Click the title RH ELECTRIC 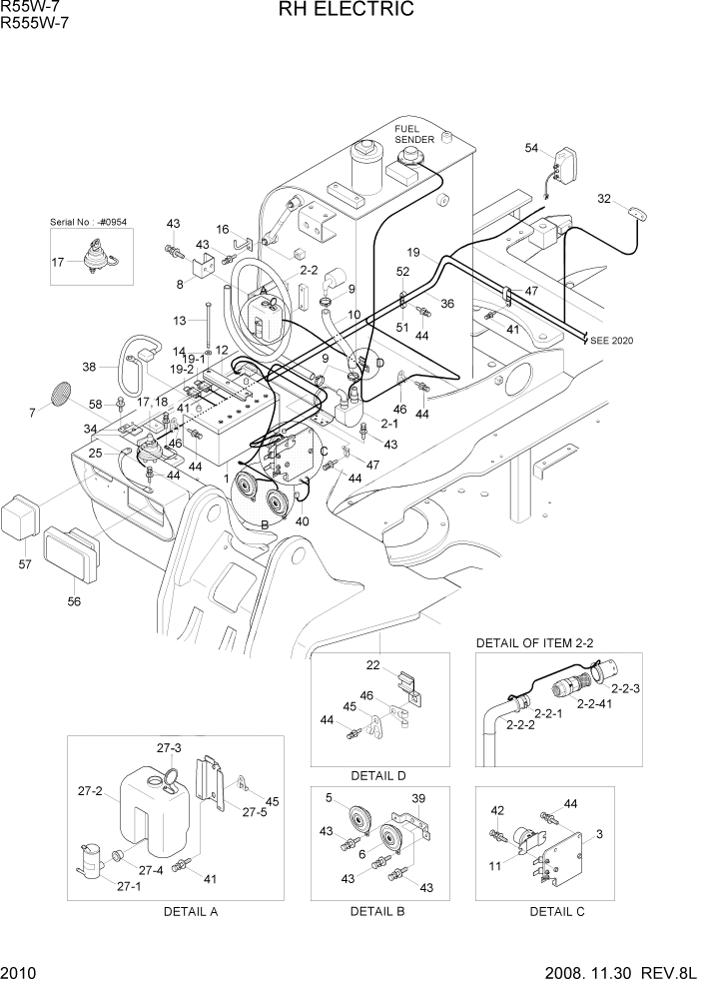pyautogui.click(x=350, y=11)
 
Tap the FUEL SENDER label pyautogui.click(x=414, y=134)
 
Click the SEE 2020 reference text pyautogui.click(x=611, y=341)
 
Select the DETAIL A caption pyautogui.click(x=190, y=911)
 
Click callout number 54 pyautogui.click(x=531, y=149)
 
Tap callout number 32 pyautogui.click(x=631, y=199)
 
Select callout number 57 pyautogui.click(x=25, y=564)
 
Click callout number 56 pyautogui.click(x=74, y=601)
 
